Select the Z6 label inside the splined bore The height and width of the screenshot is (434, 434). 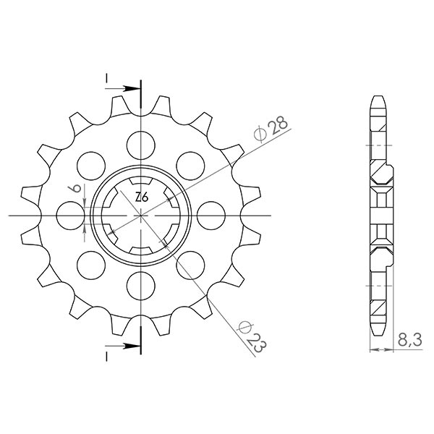click(142, 197)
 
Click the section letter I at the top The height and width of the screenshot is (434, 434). click(106, 77)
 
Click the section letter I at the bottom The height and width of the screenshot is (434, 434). click(106, 356)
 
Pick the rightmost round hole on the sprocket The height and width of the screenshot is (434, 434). click(210, 215)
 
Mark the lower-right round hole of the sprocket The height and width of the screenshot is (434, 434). click(190, 265)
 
